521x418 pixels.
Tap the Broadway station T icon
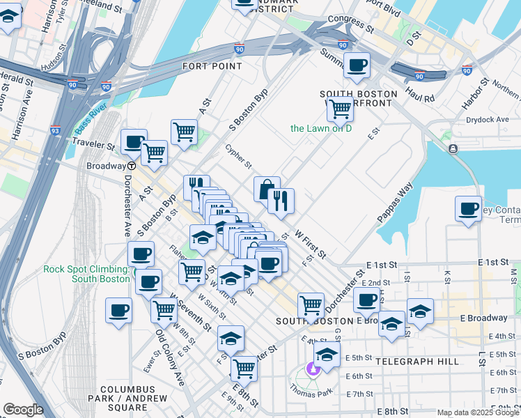131,166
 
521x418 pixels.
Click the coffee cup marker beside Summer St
357,66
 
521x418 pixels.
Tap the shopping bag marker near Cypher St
267,189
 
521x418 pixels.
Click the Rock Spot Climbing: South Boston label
86,274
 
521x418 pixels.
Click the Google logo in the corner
24,409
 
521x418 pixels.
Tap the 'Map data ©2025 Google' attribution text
477,412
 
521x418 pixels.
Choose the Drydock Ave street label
488,120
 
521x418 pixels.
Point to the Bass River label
91,118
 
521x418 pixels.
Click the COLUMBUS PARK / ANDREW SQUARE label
127,394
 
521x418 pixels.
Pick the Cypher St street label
238,156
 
